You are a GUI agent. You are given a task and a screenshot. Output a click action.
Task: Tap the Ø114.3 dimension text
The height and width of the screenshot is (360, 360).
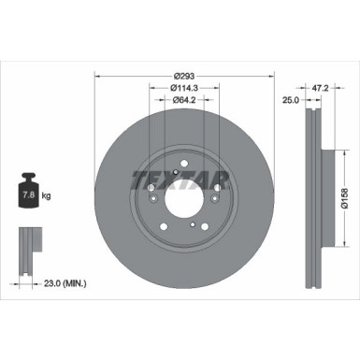[185, 88]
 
